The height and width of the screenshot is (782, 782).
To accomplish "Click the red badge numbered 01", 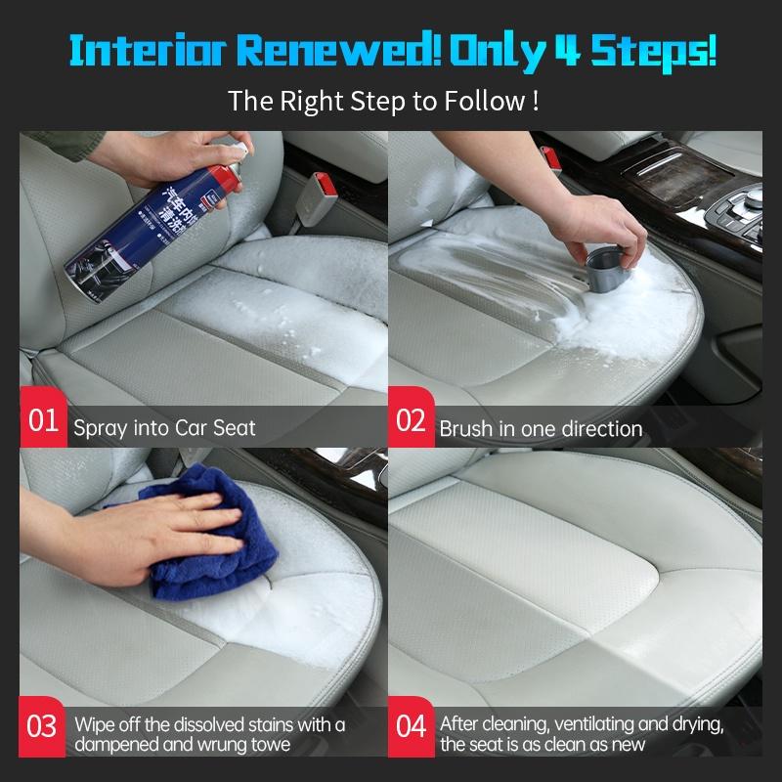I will point(43,422).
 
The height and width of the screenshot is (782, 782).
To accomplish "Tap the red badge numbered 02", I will point(411,422).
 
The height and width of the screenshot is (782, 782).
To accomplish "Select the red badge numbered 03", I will point(43,727).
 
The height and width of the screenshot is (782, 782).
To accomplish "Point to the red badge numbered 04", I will point(411,727).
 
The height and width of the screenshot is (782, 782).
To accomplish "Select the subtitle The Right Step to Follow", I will point(382,101).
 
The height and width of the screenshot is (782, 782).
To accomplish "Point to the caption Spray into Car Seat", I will point(164,427).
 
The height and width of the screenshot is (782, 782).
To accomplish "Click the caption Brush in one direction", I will point(541,428).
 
